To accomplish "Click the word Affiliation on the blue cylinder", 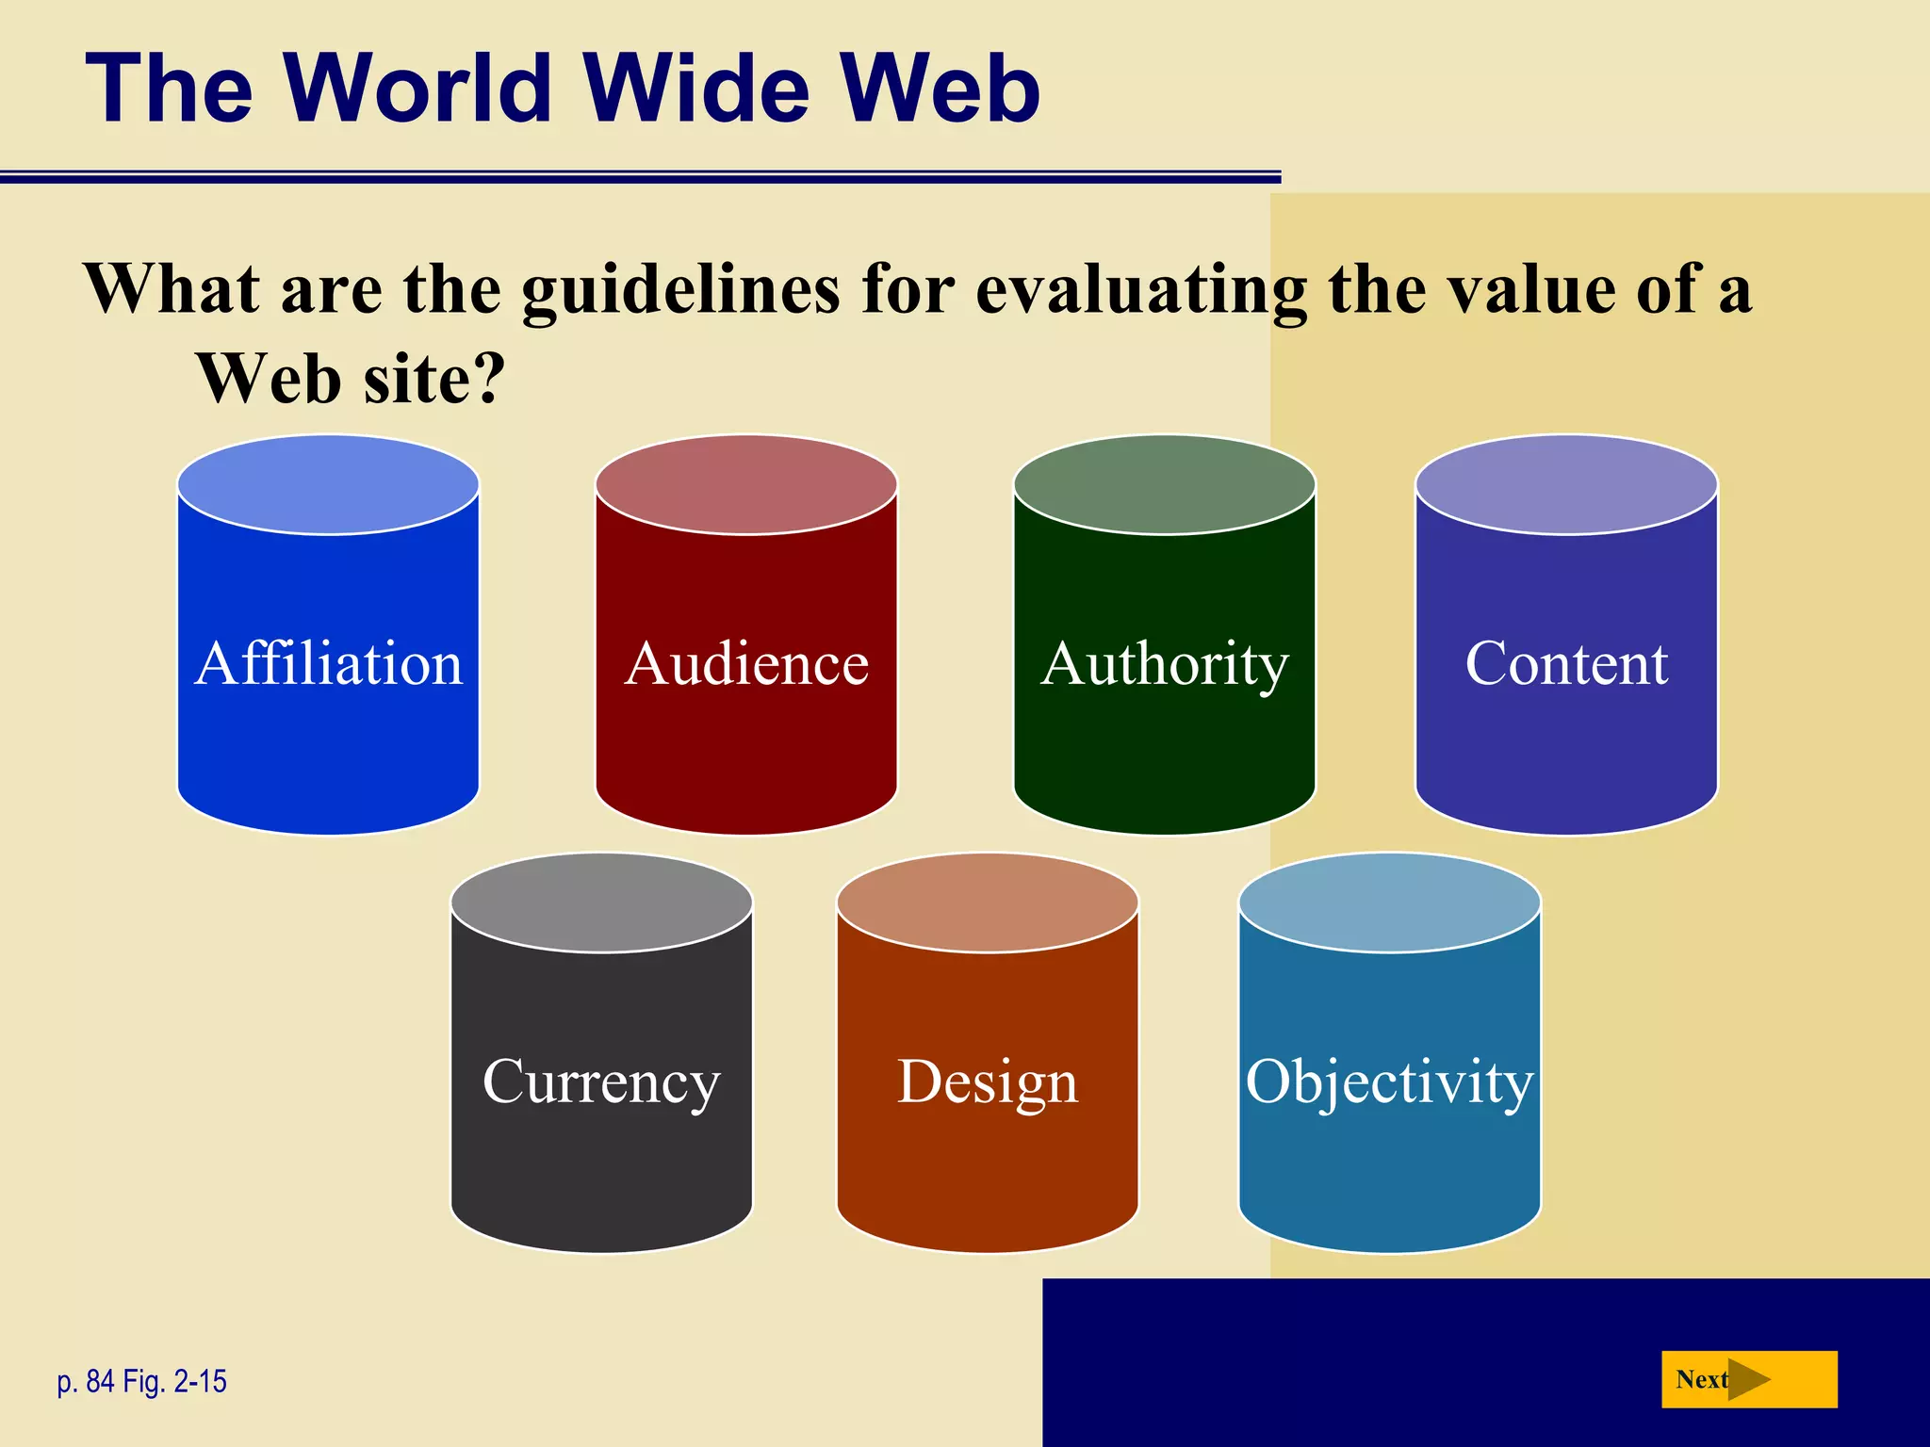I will click(329, 663).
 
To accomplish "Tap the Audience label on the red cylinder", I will click(746, 663).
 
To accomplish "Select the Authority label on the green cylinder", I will click(1165, 665).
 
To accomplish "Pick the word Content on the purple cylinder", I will click(1566, 663).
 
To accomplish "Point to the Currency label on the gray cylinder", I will click(601, 1081).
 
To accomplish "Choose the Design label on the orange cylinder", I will click(988, 1081).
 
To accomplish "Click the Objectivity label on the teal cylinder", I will click(1389, 1081).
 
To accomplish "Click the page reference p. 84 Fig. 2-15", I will click(142, 1381).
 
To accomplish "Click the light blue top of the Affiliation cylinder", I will click(329, 484).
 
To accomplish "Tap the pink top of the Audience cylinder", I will click(746, 484).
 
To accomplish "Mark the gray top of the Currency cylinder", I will click(601, 902).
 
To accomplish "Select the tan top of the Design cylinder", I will click(988, 902).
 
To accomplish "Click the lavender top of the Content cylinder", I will click(1566, 484).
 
